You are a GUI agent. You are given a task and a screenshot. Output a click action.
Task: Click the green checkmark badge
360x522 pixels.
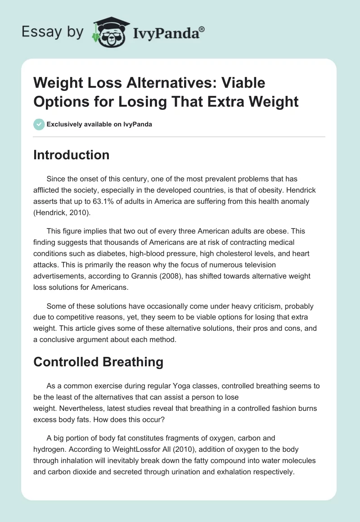[39, 124]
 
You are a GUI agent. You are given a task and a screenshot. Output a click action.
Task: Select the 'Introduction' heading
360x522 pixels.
[72, 155]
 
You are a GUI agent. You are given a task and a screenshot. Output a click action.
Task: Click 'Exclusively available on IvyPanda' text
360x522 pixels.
[100, 124]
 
